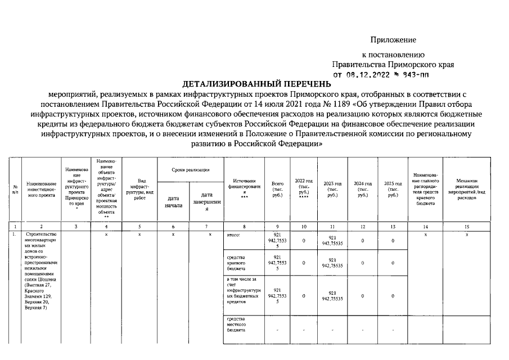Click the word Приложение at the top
click(x=393, y=40)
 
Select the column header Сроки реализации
click(x=191, y=170)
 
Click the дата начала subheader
click(x=173, y=202)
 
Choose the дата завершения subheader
click(x=206, y=202)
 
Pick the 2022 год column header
click(x=304, y=188)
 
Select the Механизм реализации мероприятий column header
click(x=467, y=188)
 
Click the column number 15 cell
click(x=467, y=226)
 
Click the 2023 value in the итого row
click(x=332, y=241)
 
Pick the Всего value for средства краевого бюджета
click(x=277, y=263)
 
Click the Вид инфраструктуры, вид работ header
click(x=139, y=188)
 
